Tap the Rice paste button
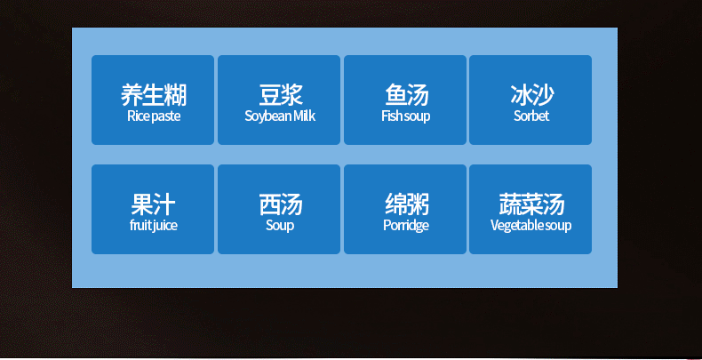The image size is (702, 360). (153, 100)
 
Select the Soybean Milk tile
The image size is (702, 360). (279, 100)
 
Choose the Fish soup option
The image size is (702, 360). (405, 100)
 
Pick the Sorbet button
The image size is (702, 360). (530, 100)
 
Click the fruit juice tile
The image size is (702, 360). (153, 209)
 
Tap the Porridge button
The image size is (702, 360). (405, 209)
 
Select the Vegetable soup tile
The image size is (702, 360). (530, 209)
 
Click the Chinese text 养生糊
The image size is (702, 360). (154, 95)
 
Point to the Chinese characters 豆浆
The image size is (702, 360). (281, 95)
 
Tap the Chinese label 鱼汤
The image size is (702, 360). (406, 95)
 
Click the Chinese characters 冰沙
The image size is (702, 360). (532, 95)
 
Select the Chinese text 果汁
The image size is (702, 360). (153, 204)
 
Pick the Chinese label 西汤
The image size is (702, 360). (281, 204)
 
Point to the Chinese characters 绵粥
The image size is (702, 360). (406, 204)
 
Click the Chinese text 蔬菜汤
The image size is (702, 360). (532, 204)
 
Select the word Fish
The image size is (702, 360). (389, 116)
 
